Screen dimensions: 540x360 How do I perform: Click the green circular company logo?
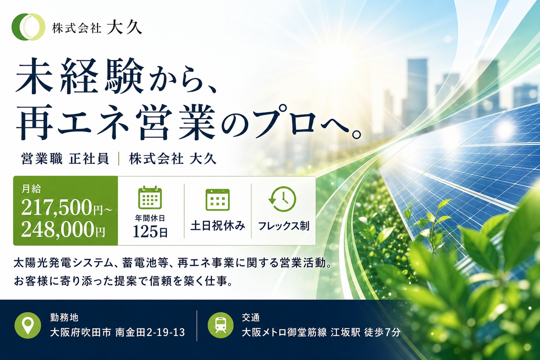[28, 27]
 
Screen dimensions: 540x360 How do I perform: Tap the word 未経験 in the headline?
[80, 76]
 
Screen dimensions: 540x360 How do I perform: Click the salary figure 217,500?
[57, 207]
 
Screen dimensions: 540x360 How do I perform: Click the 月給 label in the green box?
[31, 189]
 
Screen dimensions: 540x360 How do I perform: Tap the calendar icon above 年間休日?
[150, 197]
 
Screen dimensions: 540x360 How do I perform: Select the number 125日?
[150, 231]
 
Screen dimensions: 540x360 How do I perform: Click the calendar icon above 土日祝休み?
[217, 200]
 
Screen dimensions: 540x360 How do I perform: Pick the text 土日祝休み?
[218, 226]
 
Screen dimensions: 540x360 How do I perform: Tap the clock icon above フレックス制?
[282, 199]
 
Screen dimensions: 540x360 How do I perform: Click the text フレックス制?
[284, 226]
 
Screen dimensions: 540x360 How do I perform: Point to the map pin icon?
[28, 325]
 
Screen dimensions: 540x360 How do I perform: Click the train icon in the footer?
[221, 325]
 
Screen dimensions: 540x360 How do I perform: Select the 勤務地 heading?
[64, 317]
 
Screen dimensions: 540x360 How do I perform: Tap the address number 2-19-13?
[166, 333]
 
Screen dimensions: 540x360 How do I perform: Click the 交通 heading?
[251, 317]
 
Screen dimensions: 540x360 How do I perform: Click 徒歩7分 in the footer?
[382, 333]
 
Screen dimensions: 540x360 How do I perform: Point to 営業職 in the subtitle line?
[42, 159]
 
